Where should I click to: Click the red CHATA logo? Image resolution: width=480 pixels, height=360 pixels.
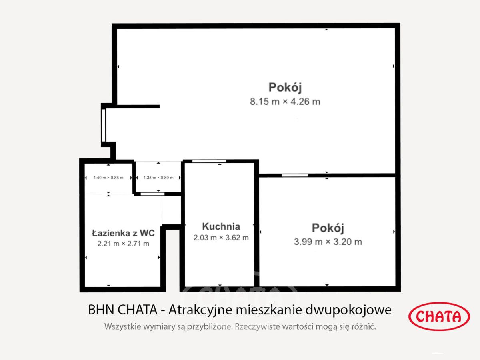[x=439, y=316]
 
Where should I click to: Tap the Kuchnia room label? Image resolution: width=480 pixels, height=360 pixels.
[x=221, y=226]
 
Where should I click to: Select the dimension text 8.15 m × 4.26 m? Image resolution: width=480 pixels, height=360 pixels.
[x=285, y=102]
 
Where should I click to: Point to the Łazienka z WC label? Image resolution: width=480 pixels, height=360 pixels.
[x=123, y=233]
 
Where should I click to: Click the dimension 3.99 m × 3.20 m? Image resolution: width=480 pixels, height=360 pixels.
[x=328, y=242]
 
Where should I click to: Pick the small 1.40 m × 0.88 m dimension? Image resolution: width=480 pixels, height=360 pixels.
[x=108, y=178]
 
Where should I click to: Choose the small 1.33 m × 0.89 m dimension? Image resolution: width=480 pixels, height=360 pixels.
[x=158, y=178]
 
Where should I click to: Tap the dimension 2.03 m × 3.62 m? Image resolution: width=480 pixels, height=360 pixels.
[x=221, y=238]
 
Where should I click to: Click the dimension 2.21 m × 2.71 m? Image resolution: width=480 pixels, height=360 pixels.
[x=123, y=244]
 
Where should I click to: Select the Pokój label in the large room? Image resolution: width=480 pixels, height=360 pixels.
[x=285, y=87]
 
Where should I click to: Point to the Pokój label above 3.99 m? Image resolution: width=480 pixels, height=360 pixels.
[x=328, y=228]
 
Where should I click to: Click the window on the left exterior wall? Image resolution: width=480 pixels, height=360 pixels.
[x=103, y=125]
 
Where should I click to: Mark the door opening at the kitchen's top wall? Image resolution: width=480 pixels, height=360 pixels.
[x=209, y=161]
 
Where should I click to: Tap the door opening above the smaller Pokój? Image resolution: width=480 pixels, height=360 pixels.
[x=295, y=175]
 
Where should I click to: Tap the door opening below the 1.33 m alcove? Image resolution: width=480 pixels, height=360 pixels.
[x=152, y=194]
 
